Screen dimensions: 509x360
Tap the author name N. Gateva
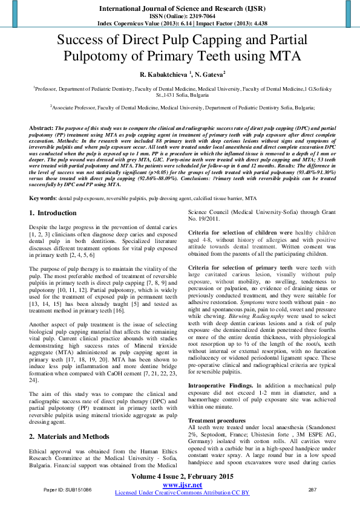209,74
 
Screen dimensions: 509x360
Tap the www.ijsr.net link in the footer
182,485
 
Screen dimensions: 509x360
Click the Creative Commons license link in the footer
182,493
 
